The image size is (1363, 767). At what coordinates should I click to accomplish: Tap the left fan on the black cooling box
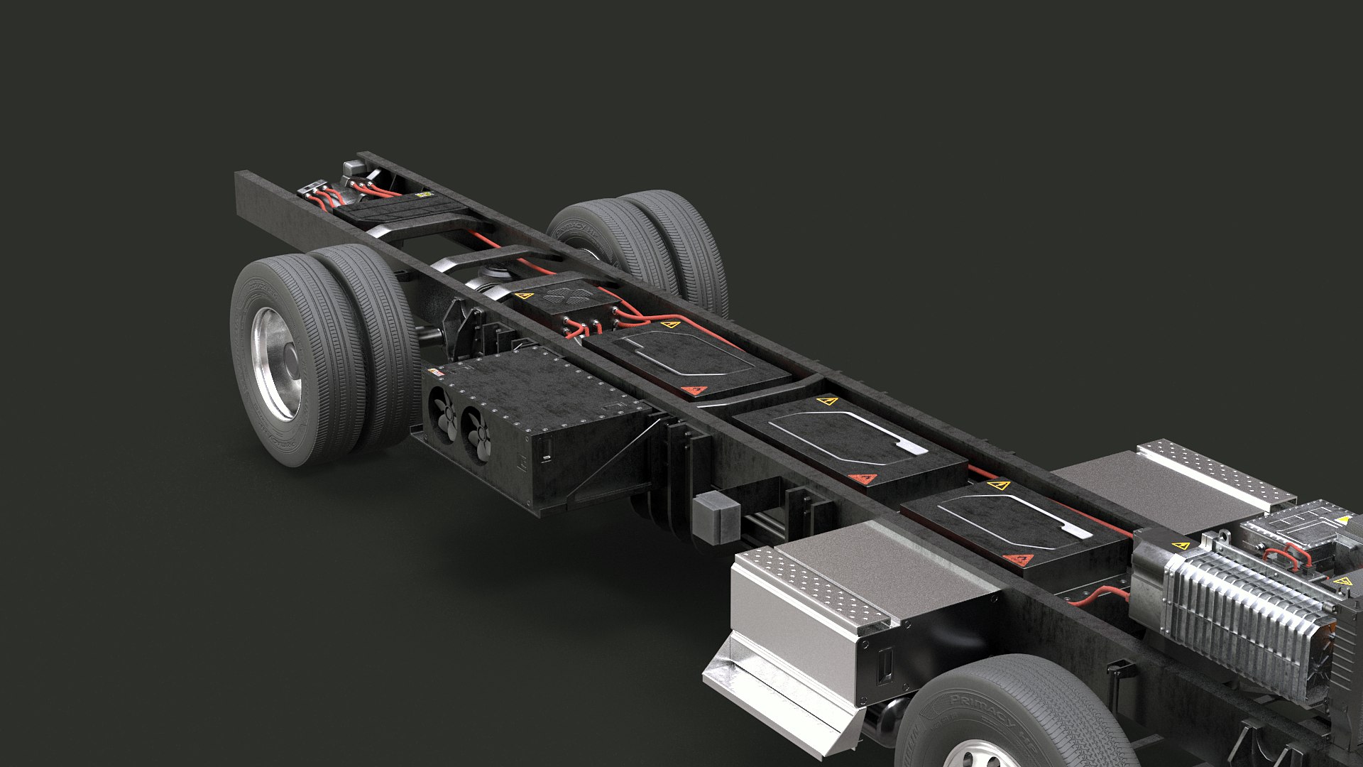tap(444, 418)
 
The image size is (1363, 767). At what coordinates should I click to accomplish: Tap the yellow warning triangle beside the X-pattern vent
tap(524, 295)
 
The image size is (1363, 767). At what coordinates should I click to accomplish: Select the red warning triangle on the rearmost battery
tap(696, 390)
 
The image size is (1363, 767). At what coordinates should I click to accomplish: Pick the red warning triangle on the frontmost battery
tap(1020, 560)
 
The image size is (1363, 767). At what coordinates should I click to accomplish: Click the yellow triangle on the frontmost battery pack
tap(999, 486)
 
